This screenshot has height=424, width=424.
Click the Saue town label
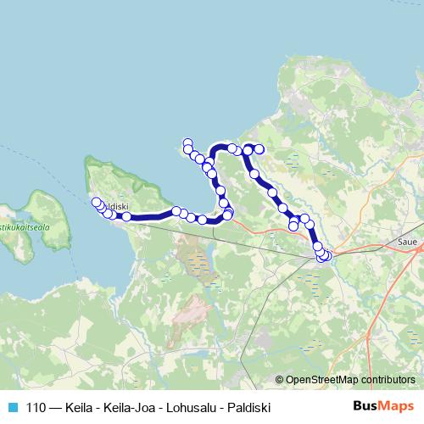click(407, 241)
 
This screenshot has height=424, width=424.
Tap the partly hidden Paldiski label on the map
click(117, 206)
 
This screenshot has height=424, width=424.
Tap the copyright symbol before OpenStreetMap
click(280, 379)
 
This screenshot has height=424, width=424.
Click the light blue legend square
click(13, 406)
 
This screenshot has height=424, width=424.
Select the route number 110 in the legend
click(36, 406)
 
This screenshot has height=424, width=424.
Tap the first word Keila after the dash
click(78, 406)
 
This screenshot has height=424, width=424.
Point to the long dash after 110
click(54, 406)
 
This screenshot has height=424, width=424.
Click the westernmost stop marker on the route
click(96, 202)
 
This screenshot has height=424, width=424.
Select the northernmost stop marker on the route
click(187, 142)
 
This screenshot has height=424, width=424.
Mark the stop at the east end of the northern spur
click(259, 149)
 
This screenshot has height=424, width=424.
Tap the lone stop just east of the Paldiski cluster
click(126, 217)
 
